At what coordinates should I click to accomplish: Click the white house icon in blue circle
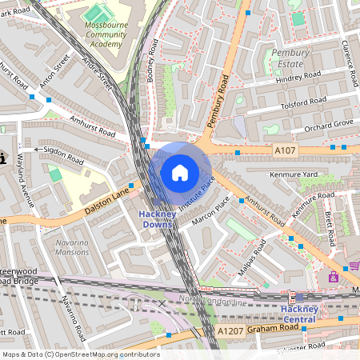(180, 172)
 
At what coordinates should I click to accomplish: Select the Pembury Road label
(218, 100)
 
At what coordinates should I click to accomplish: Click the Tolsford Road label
(303, 103)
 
